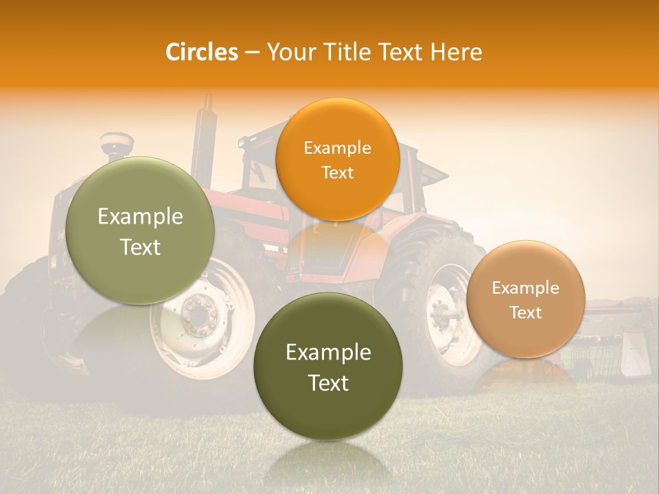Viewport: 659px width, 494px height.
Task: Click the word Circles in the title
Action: click(201, 52)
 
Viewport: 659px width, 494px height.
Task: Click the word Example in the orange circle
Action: click(337, 148)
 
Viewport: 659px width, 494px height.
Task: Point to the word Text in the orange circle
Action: click(337, 172)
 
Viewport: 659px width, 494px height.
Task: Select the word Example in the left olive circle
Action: click(140, 217)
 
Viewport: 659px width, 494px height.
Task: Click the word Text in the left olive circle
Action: click(140, 247)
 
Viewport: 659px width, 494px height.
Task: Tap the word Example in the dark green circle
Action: click(328, 353)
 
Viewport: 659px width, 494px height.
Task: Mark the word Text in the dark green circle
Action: click(328, 383)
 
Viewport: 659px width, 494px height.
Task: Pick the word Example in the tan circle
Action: click(526, 287)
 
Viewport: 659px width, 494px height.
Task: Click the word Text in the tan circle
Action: click(526, 312)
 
